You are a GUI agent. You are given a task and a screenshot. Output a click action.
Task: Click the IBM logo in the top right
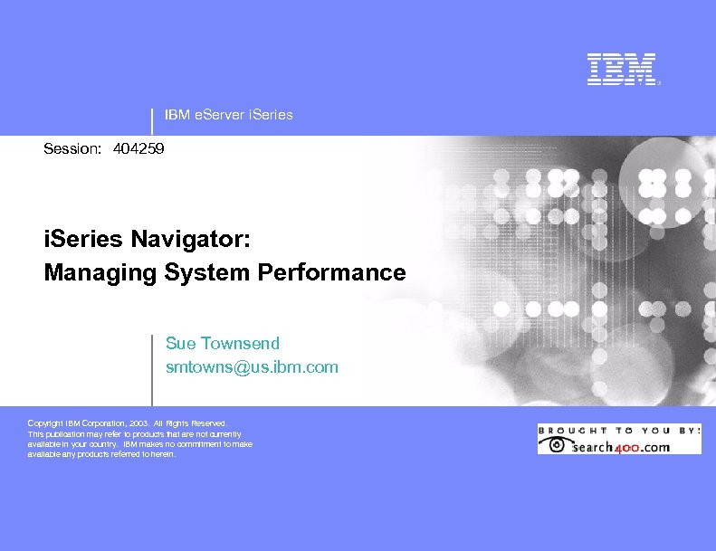621,70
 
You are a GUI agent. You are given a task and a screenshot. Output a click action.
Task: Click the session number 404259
139,147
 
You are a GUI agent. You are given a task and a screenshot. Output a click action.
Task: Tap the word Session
72,147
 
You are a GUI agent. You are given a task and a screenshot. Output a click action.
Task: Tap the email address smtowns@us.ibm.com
252,367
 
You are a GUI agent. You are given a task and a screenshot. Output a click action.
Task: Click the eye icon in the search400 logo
555,445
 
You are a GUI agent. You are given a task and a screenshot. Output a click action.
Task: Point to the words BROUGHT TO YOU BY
619,430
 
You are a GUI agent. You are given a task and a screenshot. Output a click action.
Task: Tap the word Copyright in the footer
46,423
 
